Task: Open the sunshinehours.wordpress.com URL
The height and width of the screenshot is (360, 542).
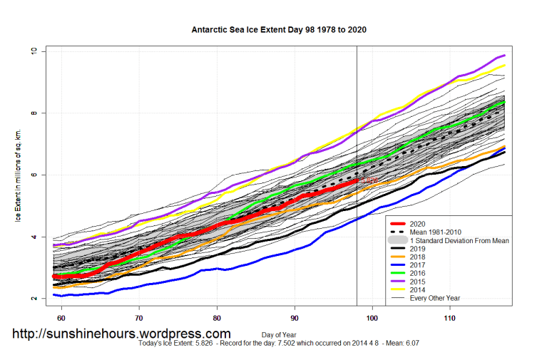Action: click(x=122, y=334)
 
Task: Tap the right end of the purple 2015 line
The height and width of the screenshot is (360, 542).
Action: click(x=504, y=56)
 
